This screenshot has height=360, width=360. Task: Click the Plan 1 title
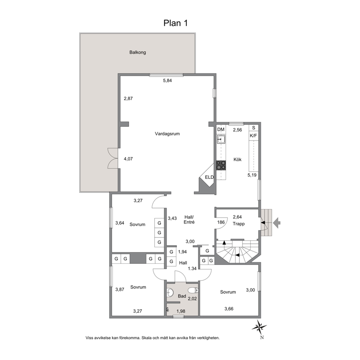coord(176,23)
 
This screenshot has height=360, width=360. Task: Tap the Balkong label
coord(138,52)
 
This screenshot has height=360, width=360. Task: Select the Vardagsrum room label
coord(167,134)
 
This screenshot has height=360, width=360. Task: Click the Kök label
coord(237,159)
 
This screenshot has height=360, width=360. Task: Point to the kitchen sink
coord(221,139)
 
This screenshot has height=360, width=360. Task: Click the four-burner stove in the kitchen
coord(221,165)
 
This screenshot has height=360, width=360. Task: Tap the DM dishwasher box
coord(221,130)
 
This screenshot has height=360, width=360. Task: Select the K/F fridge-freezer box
coord(253,136)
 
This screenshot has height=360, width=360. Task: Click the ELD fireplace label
coord(209,177)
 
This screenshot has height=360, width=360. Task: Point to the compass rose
coord(259,327)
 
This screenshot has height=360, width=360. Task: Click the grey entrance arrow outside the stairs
coord(277,223)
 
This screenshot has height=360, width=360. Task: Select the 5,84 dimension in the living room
coord(167,81)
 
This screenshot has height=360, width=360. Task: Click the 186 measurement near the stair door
coord(221,222)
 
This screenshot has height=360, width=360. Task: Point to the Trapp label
coord(238,224)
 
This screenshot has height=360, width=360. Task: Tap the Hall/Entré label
coord(189,220)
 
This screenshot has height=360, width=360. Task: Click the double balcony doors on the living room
coord(113,159)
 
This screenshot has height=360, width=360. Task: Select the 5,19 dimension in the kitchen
coord(252,175)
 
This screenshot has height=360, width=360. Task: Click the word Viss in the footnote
coord(89,338)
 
